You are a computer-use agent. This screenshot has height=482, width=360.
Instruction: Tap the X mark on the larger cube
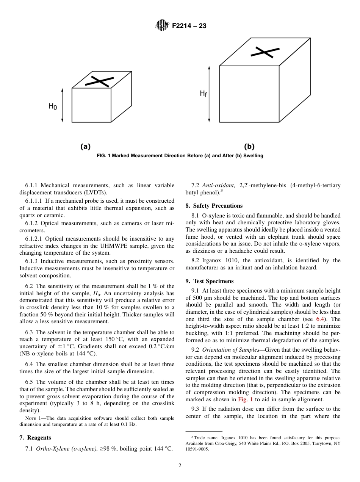(262, 52)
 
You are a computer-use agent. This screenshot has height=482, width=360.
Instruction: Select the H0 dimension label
(53, 106)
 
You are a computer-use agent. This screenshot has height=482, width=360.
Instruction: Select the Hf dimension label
(203, 93)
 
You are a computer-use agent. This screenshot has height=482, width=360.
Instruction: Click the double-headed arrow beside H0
(63, 105)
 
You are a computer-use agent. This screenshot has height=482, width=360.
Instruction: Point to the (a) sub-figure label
(85, 146)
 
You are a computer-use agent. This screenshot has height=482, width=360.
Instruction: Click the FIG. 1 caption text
(180, 156)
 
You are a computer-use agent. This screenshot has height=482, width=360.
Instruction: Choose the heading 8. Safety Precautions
(214, 206)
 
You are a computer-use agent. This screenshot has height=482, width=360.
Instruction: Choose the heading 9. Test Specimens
(210, 281)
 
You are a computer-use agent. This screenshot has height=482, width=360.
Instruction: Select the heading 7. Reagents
(35, 438)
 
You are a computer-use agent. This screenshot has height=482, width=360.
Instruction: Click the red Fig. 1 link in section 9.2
(246, 399)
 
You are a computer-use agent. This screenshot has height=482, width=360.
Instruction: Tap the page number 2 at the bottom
(180, 466)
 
